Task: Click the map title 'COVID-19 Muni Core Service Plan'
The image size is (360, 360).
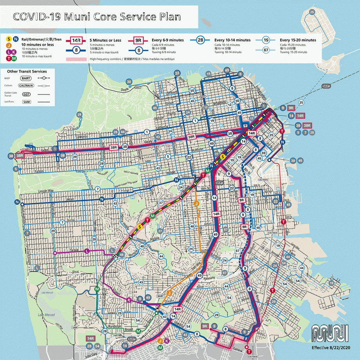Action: click(97, 17)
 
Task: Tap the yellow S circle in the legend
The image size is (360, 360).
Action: click(9, 39)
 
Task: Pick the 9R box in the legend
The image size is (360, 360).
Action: click(139, 40)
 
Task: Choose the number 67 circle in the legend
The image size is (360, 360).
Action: click(266, 50)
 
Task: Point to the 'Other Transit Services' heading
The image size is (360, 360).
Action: click(27, 72)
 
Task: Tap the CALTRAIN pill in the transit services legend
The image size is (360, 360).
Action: click(26, 85)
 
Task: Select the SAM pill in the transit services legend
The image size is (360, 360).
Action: click(26, 102)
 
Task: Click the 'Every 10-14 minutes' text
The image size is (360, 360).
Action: click(232, 40)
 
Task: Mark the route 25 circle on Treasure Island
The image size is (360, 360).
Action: click(312, 12)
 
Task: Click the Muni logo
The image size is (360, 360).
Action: click(330, 334)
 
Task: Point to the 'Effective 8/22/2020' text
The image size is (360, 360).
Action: click(330, 347)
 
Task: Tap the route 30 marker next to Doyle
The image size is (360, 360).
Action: click(129, 81)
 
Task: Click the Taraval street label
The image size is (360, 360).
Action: click(74, 248)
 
